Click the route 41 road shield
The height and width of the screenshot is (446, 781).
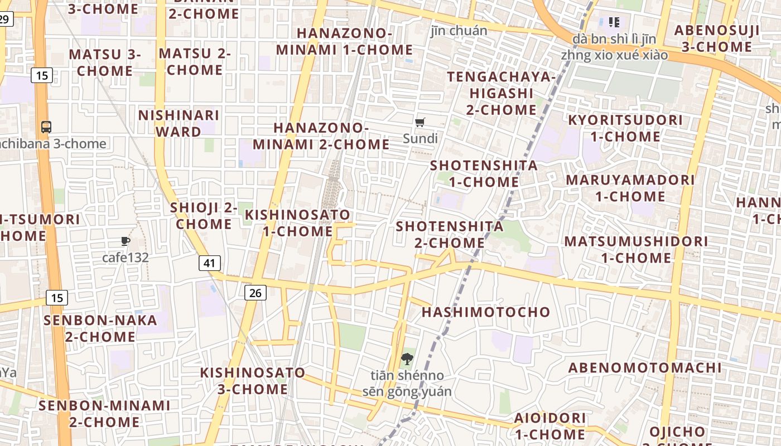click(x=210, y=263)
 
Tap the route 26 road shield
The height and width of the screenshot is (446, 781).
click(x=255, y=292)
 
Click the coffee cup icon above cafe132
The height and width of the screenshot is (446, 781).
click(x=126, y=241)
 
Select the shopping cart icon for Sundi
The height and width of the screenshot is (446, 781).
click(x=420, y=123)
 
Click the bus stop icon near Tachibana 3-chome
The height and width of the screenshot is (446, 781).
click(x=46, y=127)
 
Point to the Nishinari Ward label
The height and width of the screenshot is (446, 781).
click(x=179, y=123)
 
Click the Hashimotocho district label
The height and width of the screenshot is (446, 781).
click(x=486, y=312)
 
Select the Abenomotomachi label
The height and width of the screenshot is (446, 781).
click(x=645, y=368)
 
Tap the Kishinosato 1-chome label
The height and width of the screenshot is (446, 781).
click(x=298, y=223)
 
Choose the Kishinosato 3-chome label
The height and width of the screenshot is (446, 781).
click(x=253, y=381)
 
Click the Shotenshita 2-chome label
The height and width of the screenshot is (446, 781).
click(x=450, y=235)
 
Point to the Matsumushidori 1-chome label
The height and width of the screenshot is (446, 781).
click(x=636, y=250)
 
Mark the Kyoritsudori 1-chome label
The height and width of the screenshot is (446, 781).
click(x=625, y=128)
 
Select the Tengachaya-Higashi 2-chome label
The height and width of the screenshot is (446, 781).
click(x=502, y=93)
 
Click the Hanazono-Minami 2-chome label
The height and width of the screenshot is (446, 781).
click(x=321, y=136)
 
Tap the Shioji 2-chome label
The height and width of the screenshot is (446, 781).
click(x=204, y=216)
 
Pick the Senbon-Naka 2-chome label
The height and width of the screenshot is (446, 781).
click(x=100, y=328)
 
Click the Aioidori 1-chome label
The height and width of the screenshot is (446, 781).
click(x=550, y=426)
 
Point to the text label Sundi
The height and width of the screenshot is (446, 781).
click(x=420, y=138)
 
